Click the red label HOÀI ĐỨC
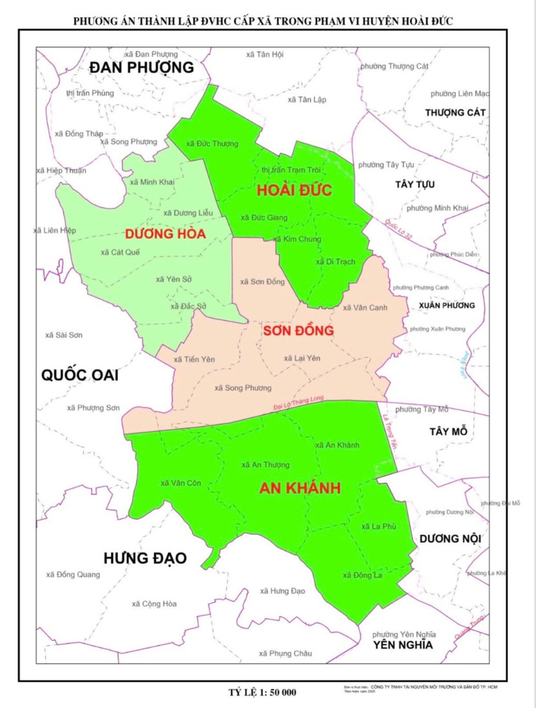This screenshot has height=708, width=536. (294, 190)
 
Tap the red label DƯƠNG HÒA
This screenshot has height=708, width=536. (165, 234)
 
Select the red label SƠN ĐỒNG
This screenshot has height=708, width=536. (298, 330)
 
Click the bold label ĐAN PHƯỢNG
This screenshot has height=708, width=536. (141, 68)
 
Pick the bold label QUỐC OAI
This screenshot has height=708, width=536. (79, 374)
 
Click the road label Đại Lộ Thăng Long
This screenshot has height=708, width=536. (297, 404)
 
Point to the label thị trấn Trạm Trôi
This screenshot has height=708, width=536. (291, 169)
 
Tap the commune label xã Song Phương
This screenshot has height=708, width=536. (243, 388)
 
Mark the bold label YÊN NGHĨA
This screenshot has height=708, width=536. (404, 645)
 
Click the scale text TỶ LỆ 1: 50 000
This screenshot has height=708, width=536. (262, 693)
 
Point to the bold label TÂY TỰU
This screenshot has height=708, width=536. (415, 185)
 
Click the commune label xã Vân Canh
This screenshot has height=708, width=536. (365, 308)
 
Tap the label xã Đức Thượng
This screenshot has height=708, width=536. (211, 144)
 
